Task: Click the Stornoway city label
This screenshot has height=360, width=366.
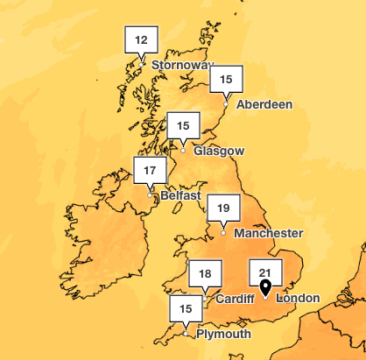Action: (182, 65)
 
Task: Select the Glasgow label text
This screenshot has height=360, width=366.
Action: (219, 151)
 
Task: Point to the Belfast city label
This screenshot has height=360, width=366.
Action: (180, 195)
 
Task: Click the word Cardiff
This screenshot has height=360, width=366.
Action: (235, 299)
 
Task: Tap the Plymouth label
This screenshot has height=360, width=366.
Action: (223, 334)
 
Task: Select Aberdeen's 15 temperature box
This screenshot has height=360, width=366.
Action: (226, 80)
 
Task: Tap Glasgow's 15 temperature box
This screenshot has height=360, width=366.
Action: (183, 125)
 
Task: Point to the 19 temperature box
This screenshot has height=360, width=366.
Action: (223, 208)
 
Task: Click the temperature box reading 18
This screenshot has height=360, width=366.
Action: (204, 274)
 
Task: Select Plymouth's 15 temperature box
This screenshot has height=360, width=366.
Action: (186, 308)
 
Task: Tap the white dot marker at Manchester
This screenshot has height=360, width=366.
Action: (223, 232)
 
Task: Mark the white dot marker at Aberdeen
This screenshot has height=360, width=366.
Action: (226, 104)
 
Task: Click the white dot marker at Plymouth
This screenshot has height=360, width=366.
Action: (186, 333)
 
